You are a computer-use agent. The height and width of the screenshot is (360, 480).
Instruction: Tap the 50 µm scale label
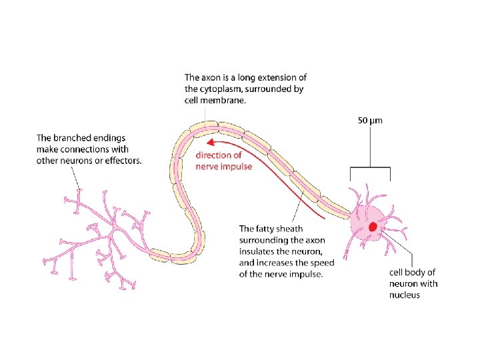(x=370, y=121)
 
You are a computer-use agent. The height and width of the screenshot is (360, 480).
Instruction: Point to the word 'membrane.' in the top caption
(x=226, y=101)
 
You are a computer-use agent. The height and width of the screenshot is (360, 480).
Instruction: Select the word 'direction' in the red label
(x=213, y=155)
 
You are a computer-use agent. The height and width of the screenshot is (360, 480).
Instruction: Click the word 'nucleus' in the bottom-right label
(x=405, y=295)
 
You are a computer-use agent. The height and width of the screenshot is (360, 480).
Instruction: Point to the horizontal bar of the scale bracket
(x=370, y=167)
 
